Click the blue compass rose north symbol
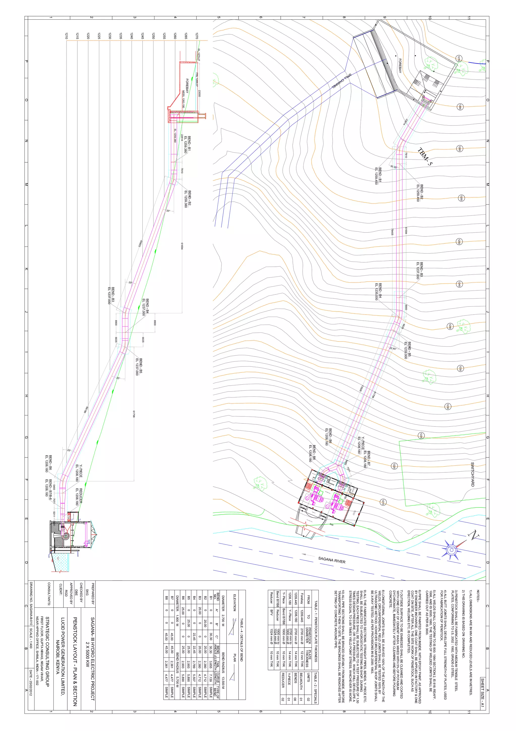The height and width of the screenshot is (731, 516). click(x=451, y=550)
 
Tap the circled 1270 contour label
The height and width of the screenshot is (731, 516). click(x=458, y=58)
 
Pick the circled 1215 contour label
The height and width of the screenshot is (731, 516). click(x=383, y=502)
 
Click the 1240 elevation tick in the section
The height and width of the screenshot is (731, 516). click(x=132, y=36)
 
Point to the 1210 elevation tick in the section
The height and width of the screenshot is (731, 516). click(x=66, y=36)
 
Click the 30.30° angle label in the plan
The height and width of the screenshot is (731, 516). click(x=394, y=167)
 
